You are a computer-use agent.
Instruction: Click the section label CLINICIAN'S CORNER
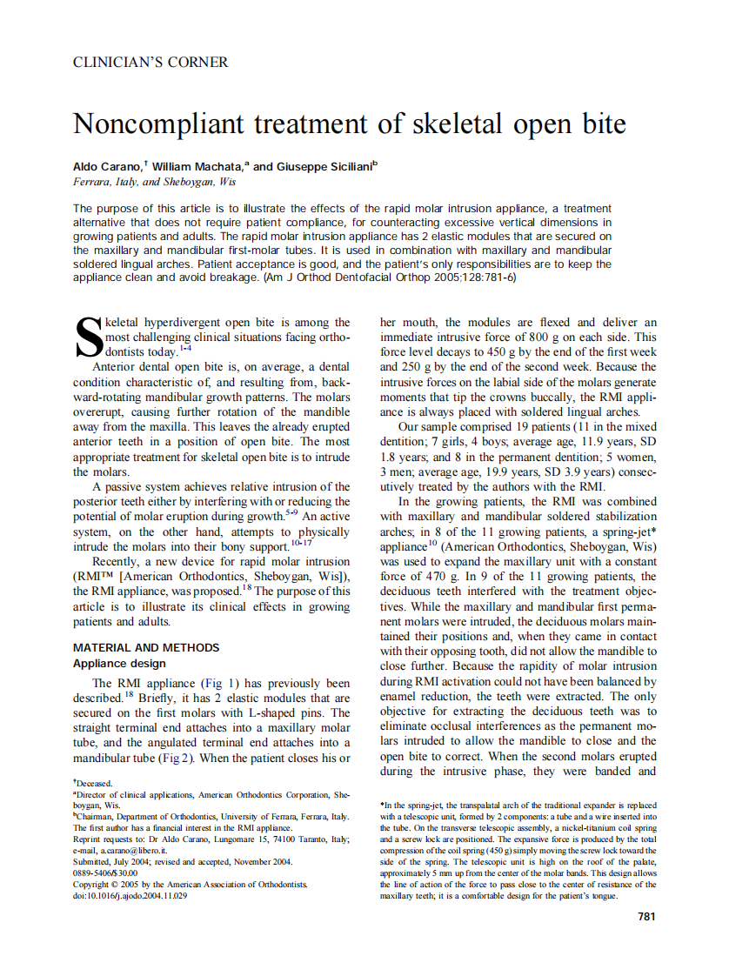[x=150, y=63]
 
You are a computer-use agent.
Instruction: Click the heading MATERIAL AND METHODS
[x=146, y=647]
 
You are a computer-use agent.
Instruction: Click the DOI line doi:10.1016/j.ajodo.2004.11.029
[x=130, y=895]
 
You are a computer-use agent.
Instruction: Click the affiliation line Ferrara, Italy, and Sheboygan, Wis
[x=154, y=183]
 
